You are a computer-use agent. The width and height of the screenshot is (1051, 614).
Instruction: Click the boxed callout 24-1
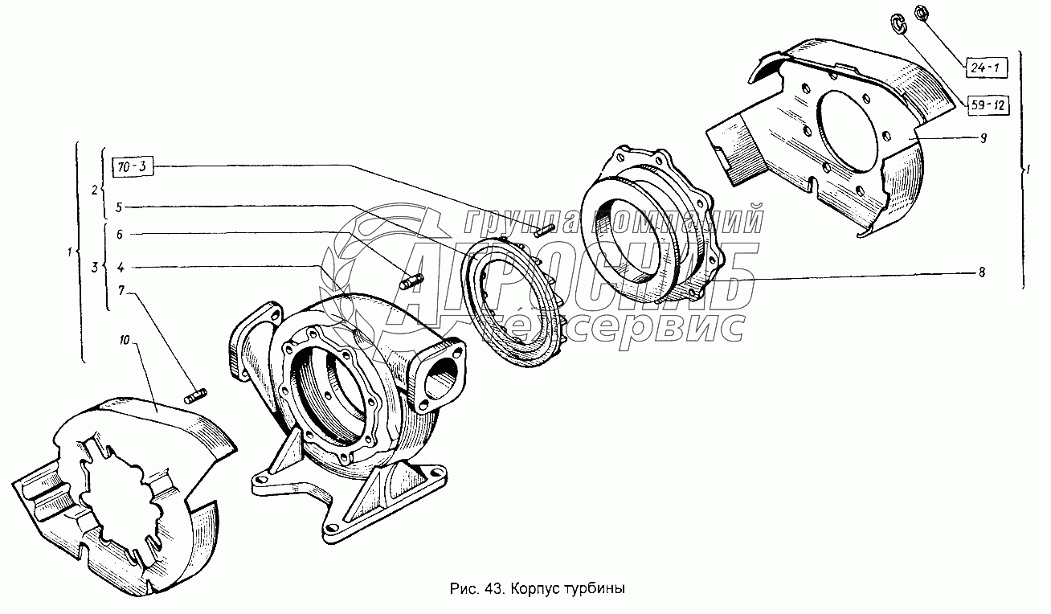coord(986,68)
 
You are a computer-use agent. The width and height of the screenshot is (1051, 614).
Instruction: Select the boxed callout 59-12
coord(988,105)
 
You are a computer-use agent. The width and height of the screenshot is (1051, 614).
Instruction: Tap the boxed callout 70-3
coord(133,166)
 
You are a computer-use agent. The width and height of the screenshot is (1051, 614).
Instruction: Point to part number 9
coord(983,138)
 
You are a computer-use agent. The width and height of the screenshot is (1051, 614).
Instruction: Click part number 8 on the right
coord(982,272)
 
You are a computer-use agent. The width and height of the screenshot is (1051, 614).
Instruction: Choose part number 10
coord(124,340)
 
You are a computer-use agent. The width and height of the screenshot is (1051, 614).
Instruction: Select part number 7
coord(121,291)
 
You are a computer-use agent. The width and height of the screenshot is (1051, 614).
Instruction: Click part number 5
coord(119,207)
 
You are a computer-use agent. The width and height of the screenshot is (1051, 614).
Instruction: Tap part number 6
coord(120,234)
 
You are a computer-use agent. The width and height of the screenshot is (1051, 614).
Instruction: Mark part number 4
coord(121,268)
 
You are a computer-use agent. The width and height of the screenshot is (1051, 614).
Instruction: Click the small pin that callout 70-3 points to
coord(546,231)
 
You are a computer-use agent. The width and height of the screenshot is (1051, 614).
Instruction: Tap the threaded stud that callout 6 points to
coord(412,282)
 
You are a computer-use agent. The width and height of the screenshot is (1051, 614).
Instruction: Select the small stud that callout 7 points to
coord(195,396)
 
